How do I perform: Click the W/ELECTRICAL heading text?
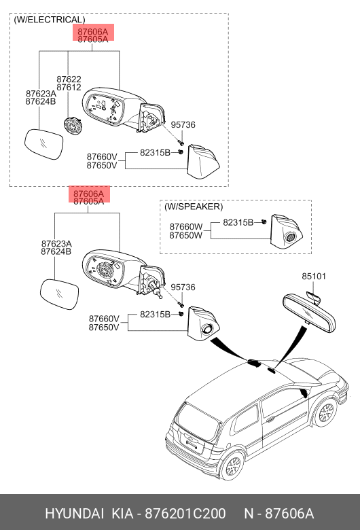point(50,20)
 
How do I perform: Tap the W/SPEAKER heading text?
point(194,207)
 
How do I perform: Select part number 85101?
point(314,276)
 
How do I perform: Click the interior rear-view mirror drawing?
point(308,312)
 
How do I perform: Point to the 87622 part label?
point(69,79)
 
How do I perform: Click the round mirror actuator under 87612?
point(72,126)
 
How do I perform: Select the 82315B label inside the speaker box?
point(238,222)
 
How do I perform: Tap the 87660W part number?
point(186,226)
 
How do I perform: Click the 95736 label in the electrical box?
point(183,125)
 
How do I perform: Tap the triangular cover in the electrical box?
point(203,162)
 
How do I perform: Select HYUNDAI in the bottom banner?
point(74,514)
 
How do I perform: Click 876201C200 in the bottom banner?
point(185,514)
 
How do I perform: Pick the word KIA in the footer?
point(122,514)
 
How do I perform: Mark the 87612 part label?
point(69,87)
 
